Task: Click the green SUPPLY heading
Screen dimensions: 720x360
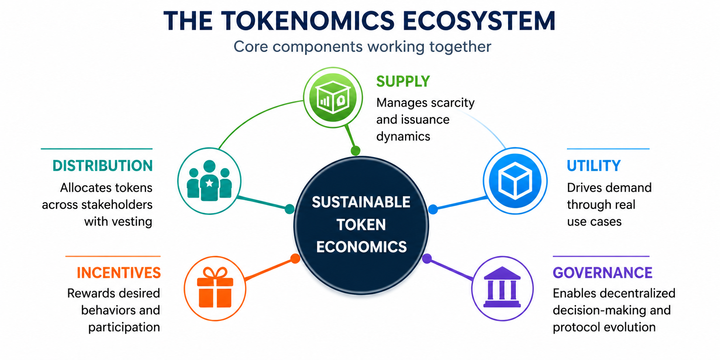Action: (x=403, y=82)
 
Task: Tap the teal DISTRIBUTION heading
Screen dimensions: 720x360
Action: (x=103, y=166)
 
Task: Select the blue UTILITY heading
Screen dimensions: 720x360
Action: (x=594, y=166)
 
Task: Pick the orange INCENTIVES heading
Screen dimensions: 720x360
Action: (x=119, y=273)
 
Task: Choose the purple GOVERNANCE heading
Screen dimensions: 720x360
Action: (x=603, y=273)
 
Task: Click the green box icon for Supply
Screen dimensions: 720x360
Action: (x=333, y=97)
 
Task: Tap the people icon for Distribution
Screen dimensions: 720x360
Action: (x=209, y=181)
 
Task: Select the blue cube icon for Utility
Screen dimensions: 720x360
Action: (x=515, y=181)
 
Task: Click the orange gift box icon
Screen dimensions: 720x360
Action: (x=215, y=288)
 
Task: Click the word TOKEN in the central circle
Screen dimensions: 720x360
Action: (x=361, y=224)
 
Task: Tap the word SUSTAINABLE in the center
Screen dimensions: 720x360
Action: (x=361, y=202)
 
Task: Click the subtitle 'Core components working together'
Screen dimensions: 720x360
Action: (x=362, y=47)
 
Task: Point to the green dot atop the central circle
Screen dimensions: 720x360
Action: (x=356, y=151)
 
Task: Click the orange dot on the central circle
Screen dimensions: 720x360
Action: (x=295, y=259)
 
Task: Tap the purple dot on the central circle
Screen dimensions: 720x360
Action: (x=427, y=259)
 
